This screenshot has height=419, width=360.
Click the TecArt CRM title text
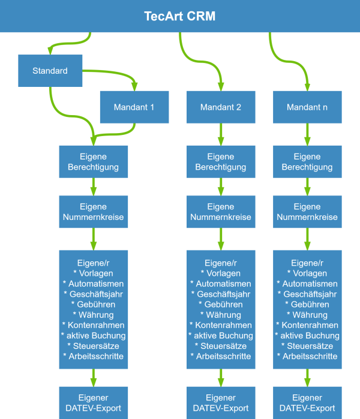tap(179, 16)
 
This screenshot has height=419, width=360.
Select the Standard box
tap(50, 71)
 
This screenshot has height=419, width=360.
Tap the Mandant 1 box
tap(134, 107)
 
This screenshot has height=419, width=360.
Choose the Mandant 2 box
tap(221, 107)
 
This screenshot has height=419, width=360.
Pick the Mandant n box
tap(307, 107)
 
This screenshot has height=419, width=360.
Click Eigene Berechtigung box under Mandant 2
tap(221, 162)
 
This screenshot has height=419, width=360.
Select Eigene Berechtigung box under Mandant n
tap(307, 162)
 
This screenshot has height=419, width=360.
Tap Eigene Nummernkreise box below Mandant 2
tap(221, 212)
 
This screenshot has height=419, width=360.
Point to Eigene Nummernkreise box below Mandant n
tap(307, 212)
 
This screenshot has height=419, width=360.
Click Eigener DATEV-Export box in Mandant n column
tap(307, 402)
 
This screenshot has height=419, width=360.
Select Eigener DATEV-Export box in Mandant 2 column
tap(221, 402)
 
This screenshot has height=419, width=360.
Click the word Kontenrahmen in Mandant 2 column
tap(223, 325)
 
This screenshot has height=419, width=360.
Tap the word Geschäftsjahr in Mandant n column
tap(310, 294)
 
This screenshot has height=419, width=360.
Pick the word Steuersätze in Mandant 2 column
tap(223, 346)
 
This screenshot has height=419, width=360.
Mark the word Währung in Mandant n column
tap(310, 315)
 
